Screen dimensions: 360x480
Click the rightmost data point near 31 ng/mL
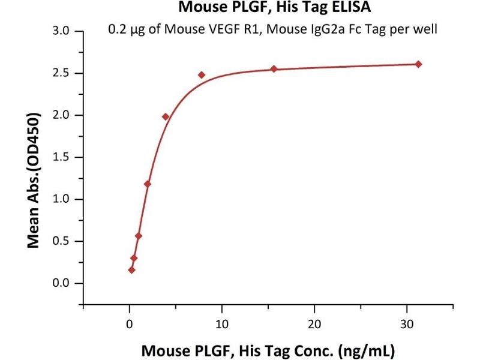(418, 64)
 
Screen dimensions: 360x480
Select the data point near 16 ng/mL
(274, 69)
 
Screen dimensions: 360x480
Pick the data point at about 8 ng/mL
(202, 75)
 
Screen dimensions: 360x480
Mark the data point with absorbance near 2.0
(166, 116)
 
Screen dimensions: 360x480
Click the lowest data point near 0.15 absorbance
(131, 270)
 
